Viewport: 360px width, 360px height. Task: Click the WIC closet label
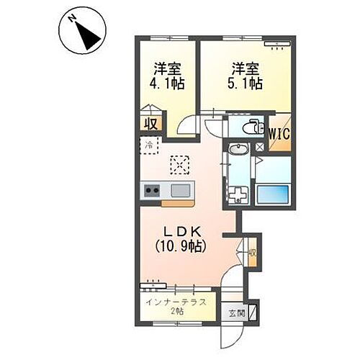(279, 133)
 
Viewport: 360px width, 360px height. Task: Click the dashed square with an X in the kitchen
(178, 165)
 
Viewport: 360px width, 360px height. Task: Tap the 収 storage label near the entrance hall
(253, 253)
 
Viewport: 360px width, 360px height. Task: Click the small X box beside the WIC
(259, 147)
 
